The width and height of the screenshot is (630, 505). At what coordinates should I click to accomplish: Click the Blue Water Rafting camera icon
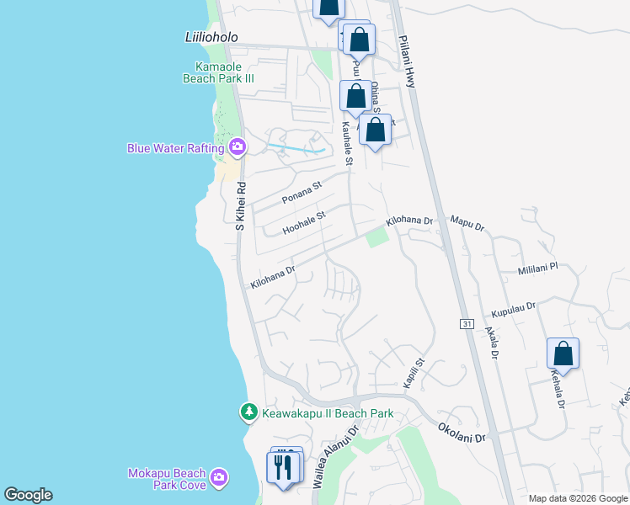[x=237, y=147]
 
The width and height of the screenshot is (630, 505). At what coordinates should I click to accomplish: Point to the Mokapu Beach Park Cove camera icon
[x=219, y=478]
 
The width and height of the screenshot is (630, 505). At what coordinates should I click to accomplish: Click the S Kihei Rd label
[x=240, y=207]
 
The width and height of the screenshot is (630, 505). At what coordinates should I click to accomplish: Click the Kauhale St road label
[x=346, y=142]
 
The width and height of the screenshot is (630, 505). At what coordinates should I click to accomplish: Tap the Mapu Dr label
[x=467, y=225]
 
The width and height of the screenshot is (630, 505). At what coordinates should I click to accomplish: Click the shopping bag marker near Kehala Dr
[x=563, y=353]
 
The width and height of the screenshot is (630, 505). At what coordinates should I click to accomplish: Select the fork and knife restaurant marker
[x=283, y=466]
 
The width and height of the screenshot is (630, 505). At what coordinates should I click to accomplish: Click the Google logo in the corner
[x=28, y=495]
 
